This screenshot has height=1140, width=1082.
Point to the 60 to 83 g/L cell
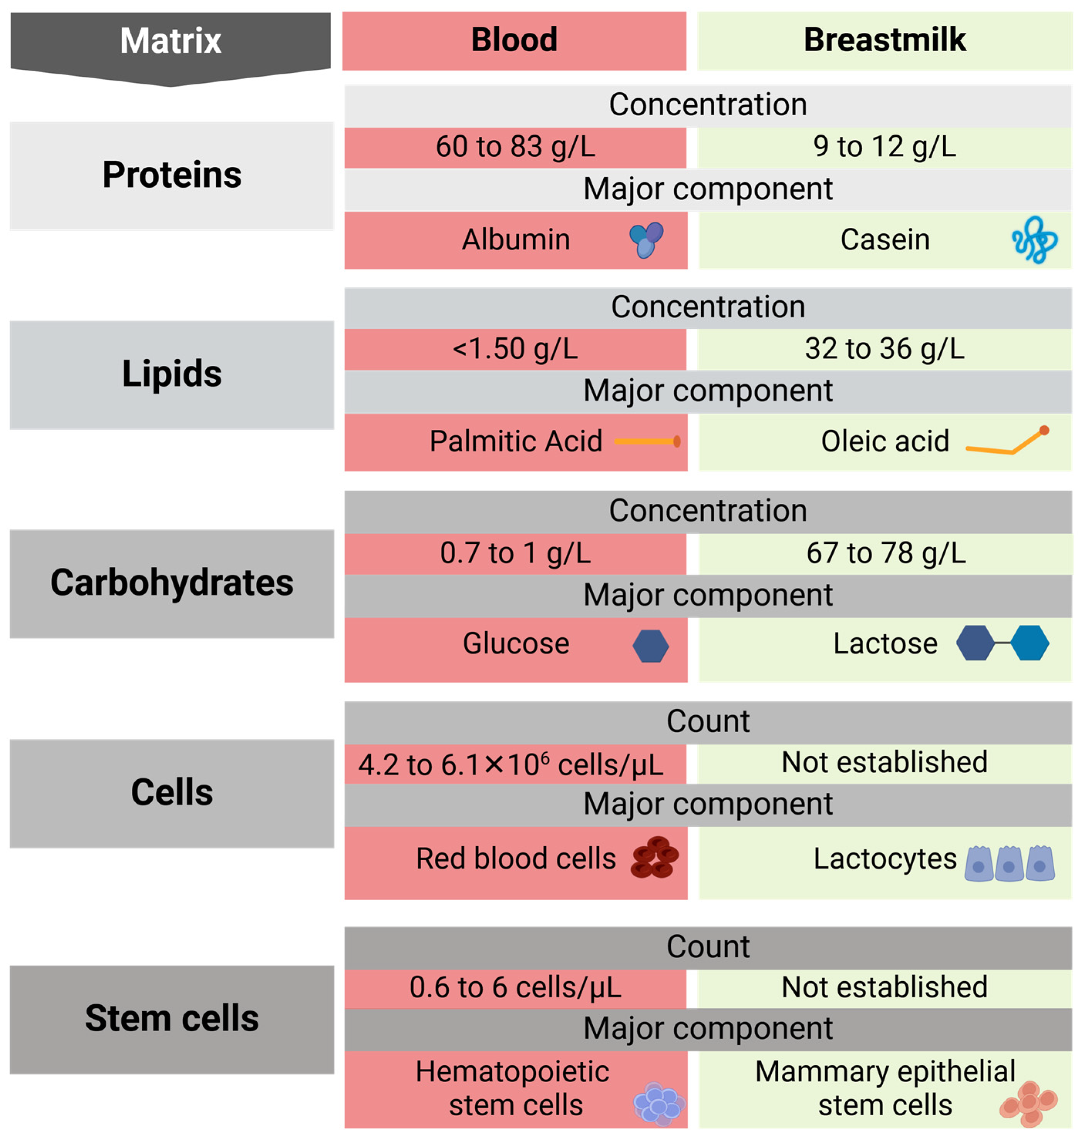515,146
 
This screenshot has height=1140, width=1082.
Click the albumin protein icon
646,240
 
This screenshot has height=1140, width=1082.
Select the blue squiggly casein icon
1034,240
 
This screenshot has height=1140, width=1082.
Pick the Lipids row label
172,374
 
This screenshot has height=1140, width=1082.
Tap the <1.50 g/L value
515,349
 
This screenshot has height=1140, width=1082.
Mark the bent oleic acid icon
1007,443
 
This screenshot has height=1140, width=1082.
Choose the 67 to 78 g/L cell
885,553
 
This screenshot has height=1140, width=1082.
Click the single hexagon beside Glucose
651,646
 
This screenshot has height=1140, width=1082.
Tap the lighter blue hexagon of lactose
1030,643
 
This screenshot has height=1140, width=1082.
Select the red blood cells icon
654,858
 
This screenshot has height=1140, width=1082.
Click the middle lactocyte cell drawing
1009,863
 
